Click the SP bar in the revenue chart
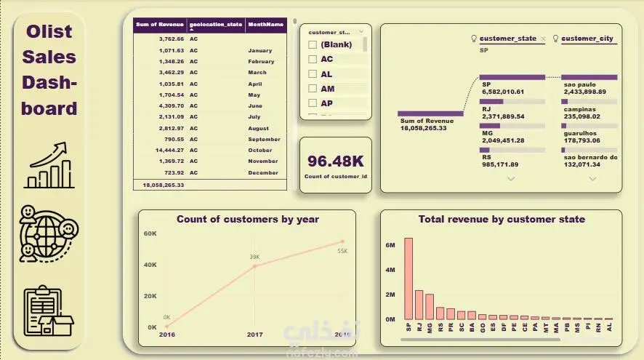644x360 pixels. (408, 279)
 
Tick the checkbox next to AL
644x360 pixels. (313, 74)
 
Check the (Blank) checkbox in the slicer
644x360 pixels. (313, 45)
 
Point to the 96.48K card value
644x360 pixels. (335, 161)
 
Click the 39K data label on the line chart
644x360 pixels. (254, 257)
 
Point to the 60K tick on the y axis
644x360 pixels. (150, 233)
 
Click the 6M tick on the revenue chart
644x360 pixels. (390, 246)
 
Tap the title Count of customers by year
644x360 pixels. (248, 219)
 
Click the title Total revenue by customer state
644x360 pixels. (502, 219)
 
